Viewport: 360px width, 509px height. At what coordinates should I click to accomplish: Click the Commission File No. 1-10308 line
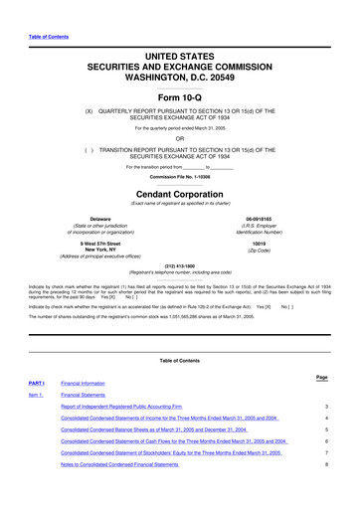click(x=179, y=177)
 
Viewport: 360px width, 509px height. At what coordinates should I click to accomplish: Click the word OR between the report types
click(x=179, y=137)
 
